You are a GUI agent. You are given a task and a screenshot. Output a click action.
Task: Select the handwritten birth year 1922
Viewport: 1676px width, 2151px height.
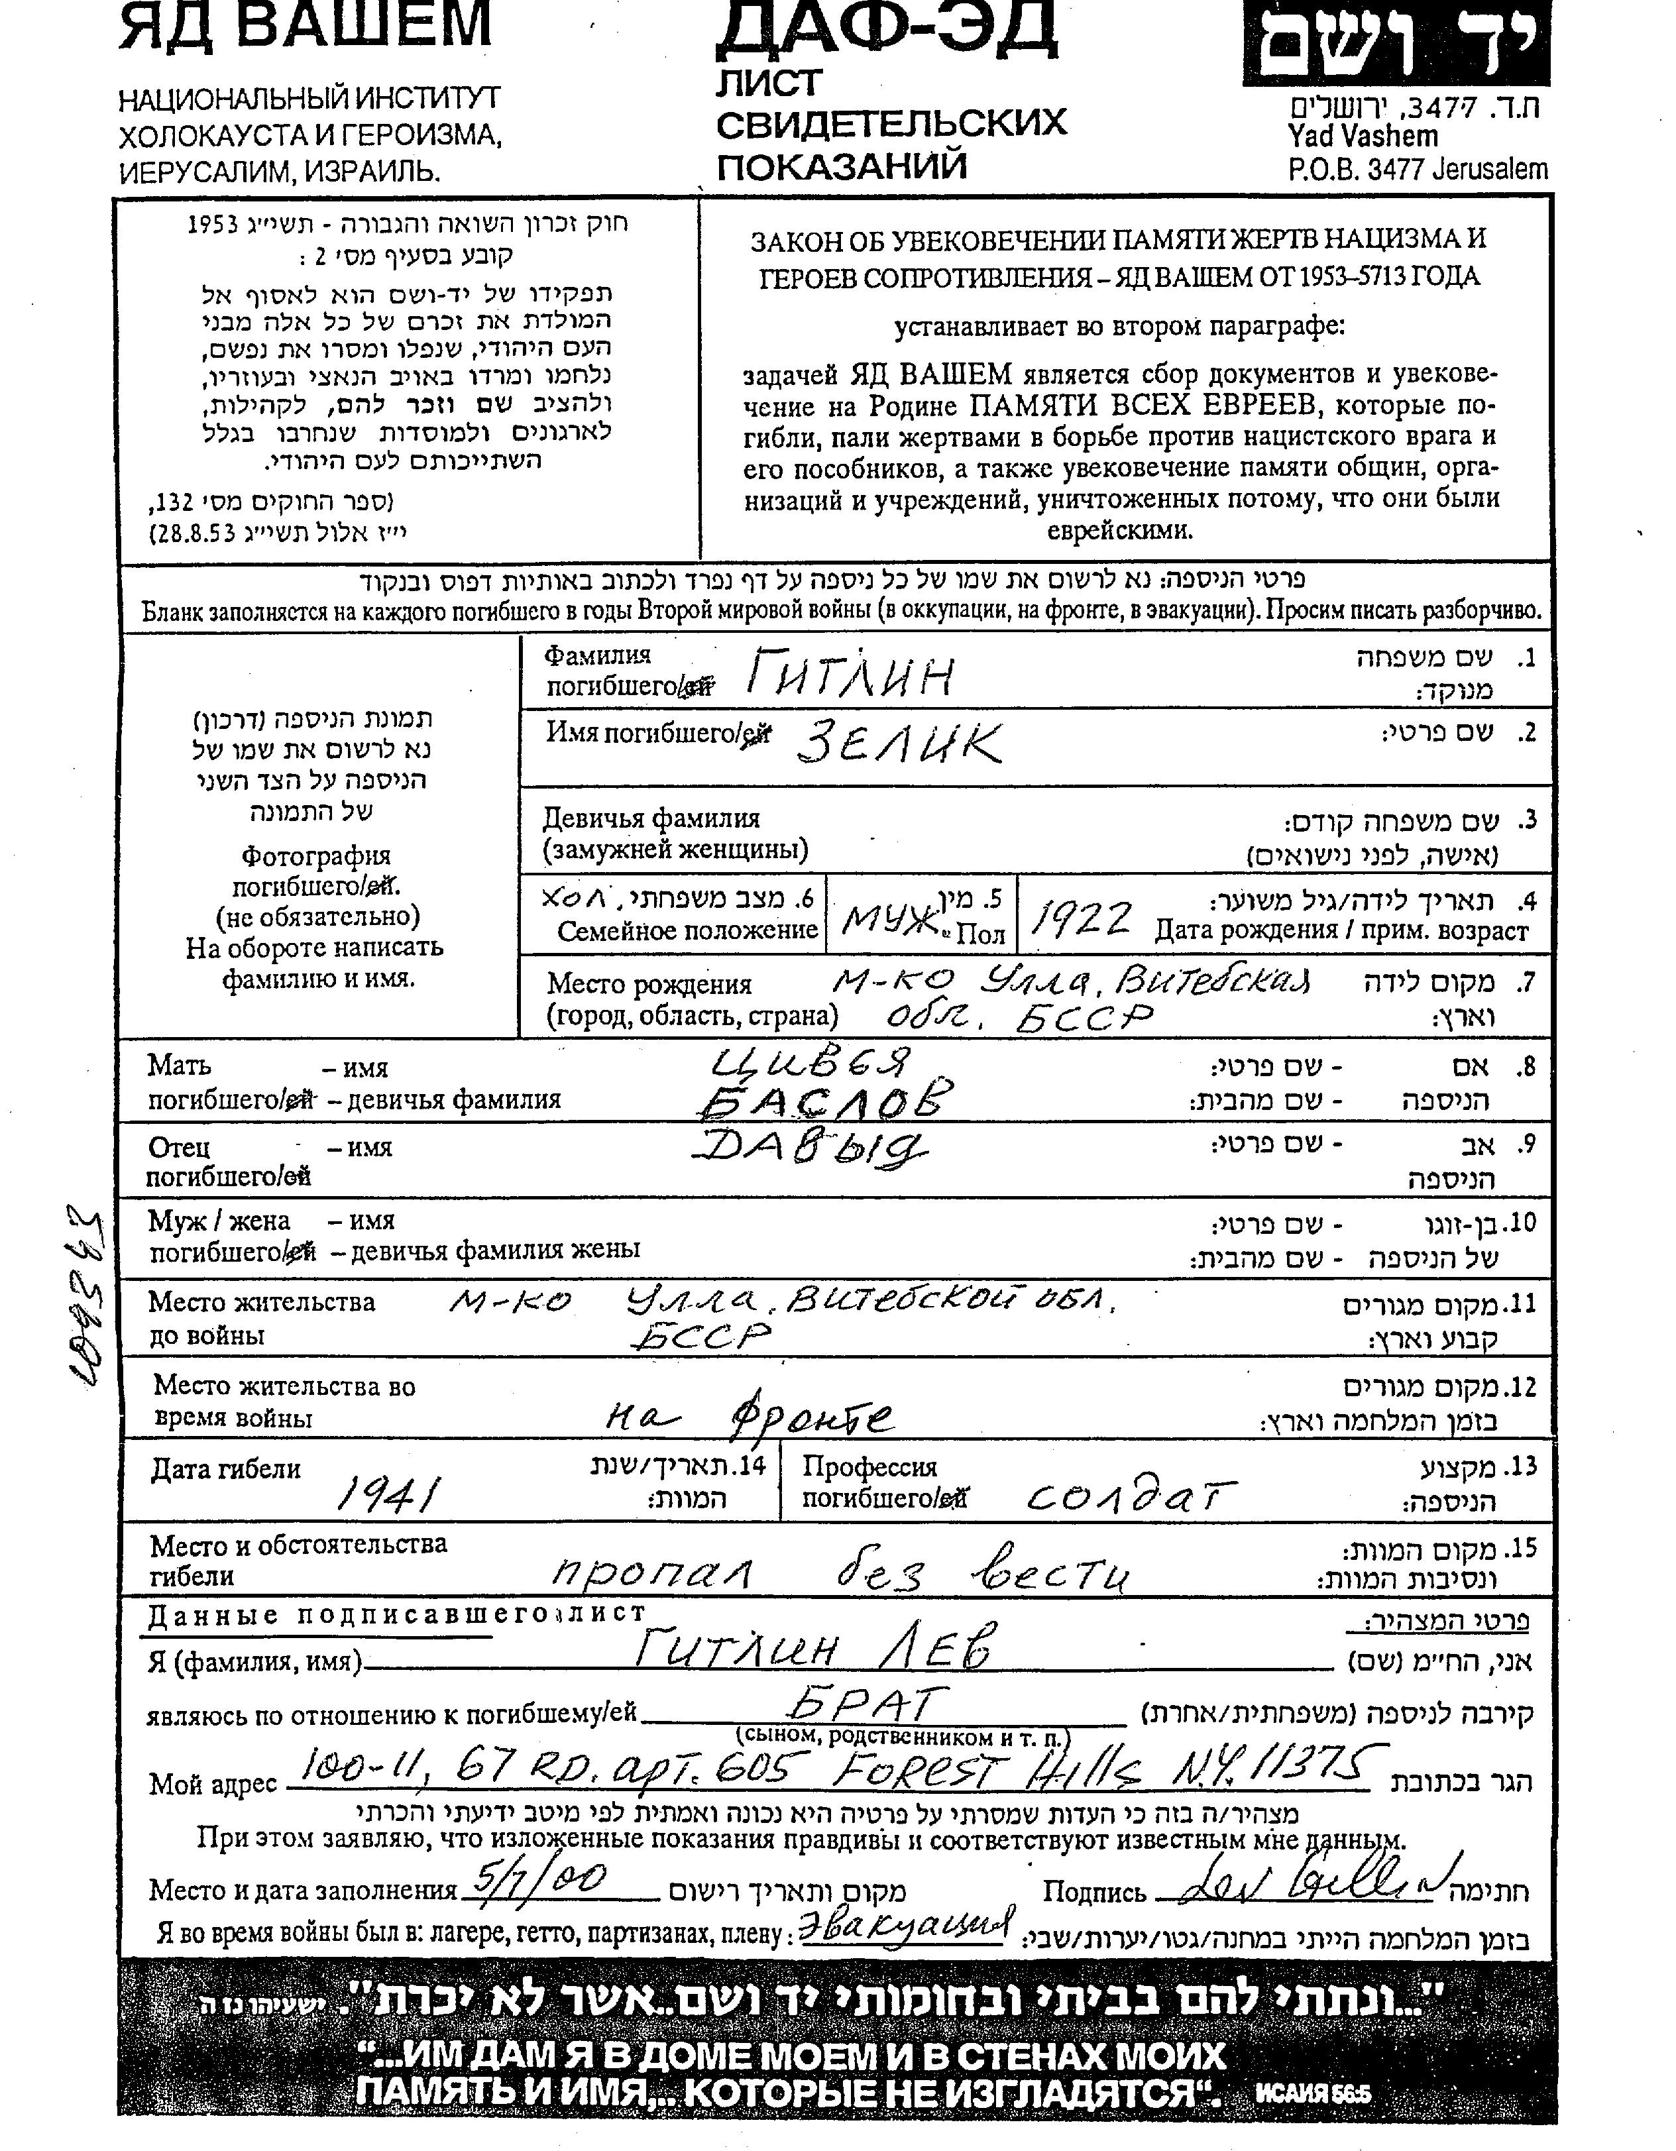[x=1080, y=920]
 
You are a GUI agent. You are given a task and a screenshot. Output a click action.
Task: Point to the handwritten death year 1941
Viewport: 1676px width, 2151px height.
[x=387, y=1495]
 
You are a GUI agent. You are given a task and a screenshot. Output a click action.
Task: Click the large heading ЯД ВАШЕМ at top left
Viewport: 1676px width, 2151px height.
[x=306, y=25]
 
